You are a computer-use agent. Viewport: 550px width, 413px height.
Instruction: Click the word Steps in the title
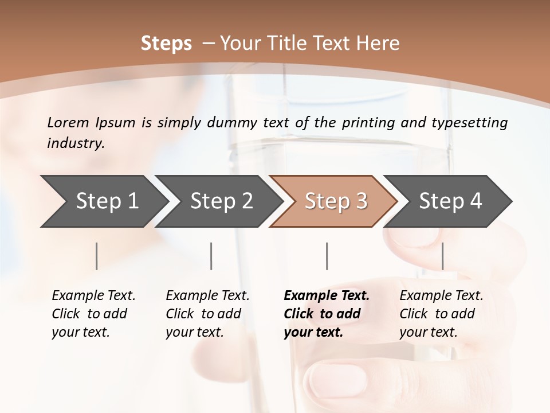(166, 44)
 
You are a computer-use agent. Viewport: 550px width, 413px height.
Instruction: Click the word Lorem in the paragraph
(68, 123)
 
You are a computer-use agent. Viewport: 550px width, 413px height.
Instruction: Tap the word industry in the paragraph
(76, 143)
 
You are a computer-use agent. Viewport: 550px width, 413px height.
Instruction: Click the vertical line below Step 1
(97, 256)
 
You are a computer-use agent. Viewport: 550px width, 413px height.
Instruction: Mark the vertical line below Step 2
(211, 256)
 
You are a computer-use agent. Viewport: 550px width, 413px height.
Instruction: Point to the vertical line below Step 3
(327, 256)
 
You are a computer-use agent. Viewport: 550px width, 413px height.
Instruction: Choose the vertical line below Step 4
(442, 256)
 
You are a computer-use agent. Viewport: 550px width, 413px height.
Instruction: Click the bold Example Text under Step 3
(327, 296)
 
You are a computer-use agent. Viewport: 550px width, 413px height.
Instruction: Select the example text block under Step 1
(93, 314)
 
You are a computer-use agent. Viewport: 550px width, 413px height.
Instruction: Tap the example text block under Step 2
(207, 314)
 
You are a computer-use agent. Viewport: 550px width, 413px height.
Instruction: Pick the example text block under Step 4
(441, 314)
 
